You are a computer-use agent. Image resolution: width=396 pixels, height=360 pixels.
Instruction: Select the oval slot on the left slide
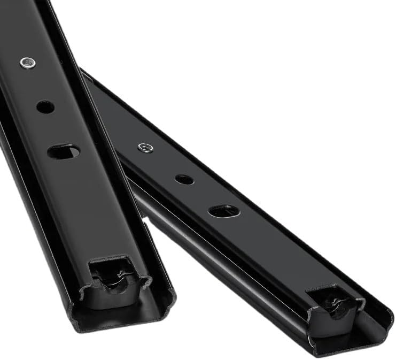63,152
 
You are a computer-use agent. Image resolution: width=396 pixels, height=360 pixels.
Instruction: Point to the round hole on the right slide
184,179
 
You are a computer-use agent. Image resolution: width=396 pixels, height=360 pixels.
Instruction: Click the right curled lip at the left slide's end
170,296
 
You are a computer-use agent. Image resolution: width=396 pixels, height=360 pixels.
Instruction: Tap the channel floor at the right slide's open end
342,337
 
